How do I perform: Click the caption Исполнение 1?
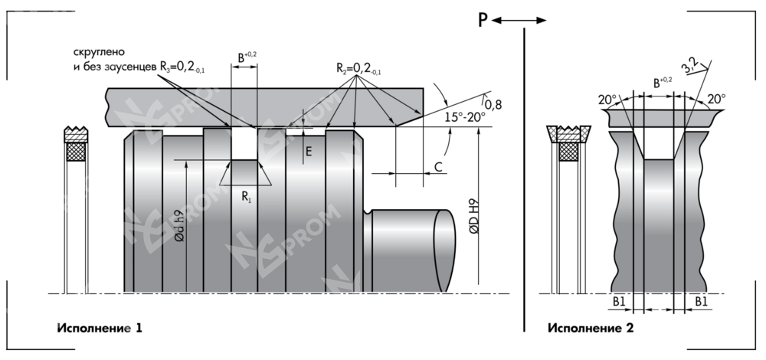click(x=100, y=328)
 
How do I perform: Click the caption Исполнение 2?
click(x=591, y=328)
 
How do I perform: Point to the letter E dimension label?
click(x=308, y=152)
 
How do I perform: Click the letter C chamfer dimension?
click(x=438, y=165)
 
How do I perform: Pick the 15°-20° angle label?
click(x=465, y=117)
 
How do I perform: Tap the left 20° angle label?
click(x=607, y=99)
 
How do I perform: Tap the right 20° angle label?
click(x=715, y=99)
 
